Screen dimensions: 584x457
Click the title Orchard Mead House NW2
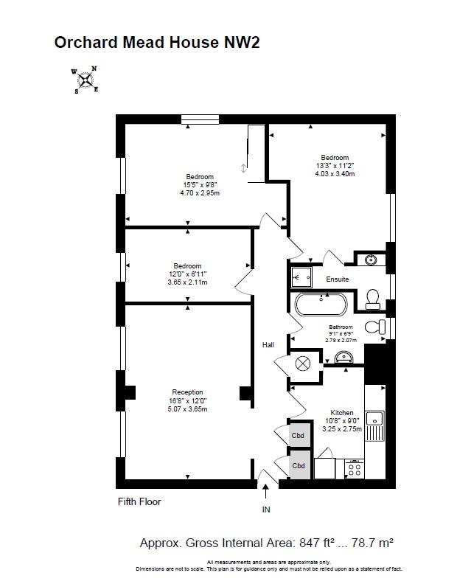157,43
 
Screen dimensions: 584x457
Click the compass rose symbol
86,79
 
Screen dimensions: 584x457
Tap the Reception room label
187,392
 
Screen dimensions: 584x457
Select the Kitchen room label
341,413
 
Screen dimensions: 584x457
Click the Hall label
268,344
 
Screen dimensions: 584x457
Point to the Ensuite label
338,279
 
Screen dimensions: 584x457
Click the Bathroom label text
341,327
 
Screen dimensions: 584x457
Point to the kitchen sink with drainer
375,425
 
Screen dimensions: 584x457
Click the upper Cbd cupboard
299,435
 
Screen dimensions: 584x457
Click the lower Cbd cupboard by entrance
299,466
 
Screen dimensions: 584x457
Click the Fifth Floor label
139,502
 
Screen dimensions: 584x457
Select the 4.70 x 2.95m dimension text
200,193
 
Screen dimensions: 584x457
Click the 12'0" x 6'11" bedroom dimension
187,274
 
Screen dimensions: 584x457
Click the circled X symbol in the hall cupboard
303,363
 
